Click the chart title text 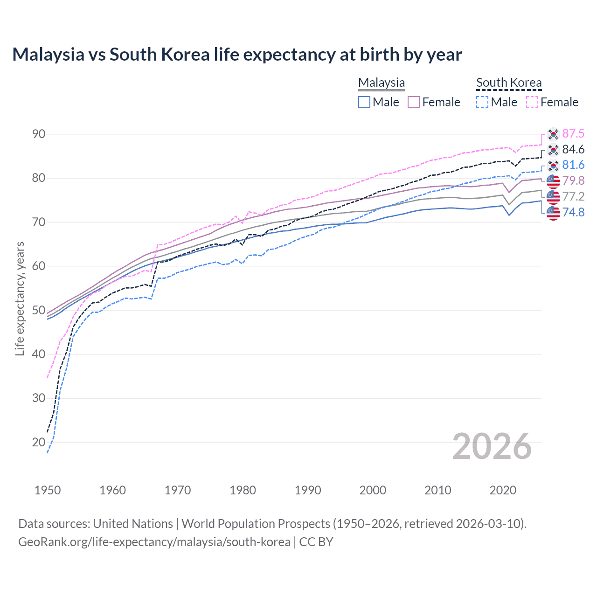coord(237,55)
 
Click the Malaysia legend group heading coord(382,83)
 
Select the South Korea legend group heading coord(509,83)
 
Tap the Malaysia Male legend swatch coord(364,102)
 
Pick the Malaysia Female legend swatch coord(414,102)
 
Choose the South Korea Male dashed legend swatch coord(482,102)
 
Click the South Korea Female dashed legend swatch coord(532,102)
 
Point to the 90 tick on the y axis coord(39,134)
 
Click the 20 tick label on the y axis coord(39,442)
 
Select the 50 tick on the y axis coord(39,310)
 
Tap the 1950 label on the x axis coord(48,490)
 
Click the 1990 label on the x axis coord(308,490)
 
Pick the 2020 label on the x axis coord(503,490)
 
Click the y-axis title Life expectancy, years coord(20,298)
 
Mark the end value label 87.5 coord(573,134)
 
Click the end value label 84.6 coord(573,149)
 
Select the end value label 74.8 coord(573,213)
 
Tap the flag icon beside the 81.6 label coord(553,165)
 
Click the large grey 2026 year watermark coord(492,446)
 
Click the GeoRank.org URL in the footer coord(154,542)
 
